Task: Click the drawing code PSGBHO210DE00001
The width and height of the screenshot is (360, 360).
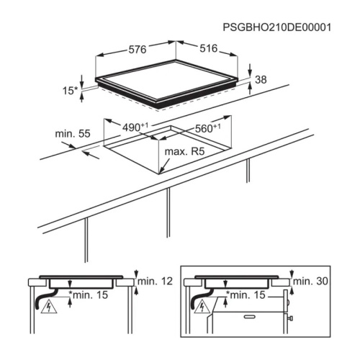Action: [277, 27]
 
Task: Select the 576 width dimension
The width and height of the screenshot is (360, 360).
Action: [138, 50]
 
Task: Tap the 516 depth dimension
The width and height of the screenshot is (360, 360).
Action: [209, 48]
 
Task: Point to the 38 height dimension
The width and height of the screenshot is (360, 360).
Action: [261, 79]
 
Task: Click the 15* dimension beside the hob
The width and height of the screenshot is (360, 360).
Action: [70, 91]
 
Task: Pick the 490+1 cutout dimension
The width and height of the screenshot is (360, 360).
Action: [135, 127]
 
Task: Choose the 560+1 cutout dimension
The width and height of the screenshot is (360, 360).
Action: [207, 128]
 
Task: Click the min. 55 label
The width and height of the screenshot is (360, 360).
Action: [73, 134]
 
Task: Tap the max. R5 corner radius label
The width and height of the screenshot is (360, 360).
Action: [184, 151]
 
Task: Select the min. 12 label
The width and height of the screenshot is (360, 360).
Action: [155, 281]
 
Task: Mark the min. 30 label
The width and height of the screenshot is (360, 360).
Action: [310, 281]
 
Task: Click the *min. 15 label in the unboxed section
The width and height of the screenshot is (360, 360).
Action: [89, 295]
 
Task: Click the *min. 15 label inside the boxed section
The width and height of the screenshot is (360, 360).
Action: [246, 295]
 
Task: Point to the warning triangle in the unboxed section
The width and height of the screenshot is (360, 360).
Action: [49, 307]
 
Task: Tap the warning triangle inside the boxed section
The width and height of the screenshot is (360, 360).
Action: [202, 307]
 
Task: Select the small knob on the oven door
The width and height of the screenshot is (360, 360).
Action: [290, 318]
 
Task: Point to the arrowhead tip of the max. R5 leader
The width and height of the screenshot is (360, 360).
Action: [159, 174]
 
